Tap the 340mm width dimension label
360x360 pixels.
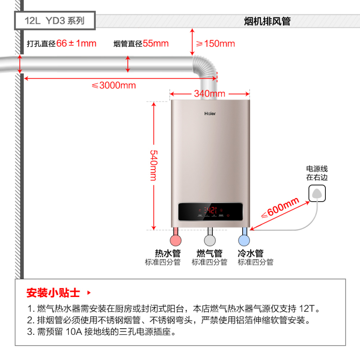(210, 94)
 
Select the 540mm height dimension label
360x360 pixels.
(153, 165)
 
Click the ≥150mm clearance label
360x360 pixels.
(215, 44)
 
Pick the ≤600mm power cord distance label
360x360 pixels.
(280, 207)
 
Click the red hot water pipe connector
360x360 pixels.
(175, 238)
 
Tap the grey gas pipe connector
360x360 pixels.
(209, 238)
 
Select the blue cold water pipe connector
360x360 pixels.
(244, 238)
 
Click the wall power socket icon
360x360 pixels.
(317, 194)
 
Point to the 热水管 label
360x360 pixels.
(167, 253)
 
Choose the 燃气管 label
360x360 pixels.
(210, 253)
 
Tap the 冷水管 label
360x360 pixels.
(251, 253)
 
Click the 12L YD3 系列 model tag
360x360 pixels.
(54, 21)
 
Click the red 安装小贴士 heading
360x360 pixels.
(53, 293)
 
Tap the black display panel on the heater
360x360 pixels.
(211, 212)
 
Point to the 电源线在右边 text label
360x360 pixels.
(317, 173)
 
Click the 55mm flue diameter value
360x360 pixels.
(156, 44)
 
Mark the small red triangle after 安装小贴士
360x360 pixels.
(88, 292)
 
